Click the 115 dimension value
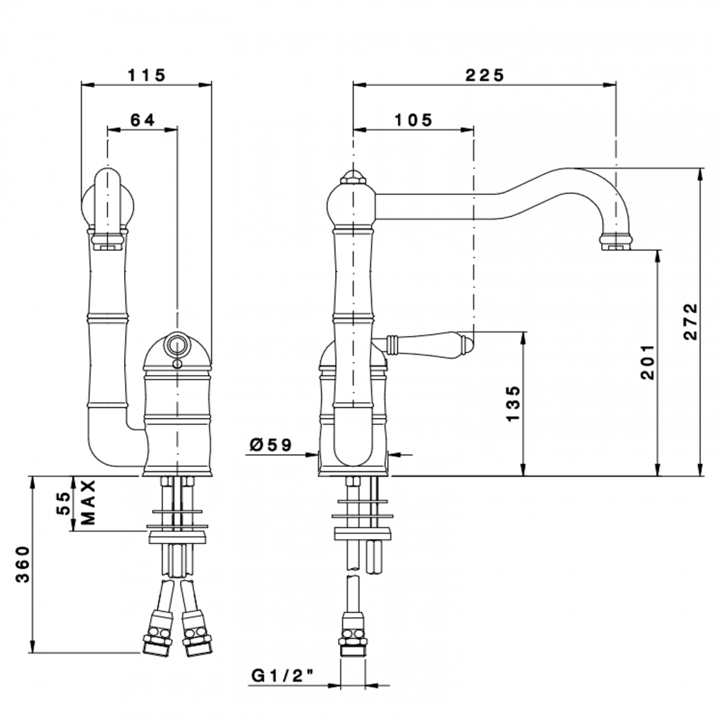[147, 75]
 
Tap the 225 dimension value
[484, 75]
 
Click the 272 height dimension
[691, 322]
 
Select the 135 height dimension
[513, 404]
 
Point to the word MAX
[88, 502]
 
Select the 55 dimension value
[65, 503]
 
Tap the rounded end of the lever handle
[467, 344]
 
